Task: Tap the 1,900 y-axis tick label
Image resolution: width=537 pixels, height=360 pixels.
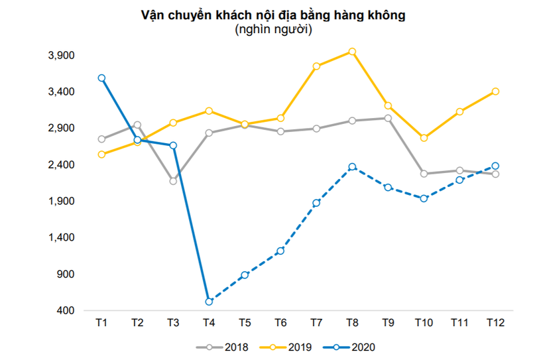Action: (x=63, y=201)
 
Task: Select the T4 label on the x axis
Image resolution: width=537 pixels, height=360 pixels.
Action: (x=209, y=323)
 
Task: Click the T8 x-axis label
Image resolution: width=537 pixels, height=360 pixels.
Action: (x=352, y=323)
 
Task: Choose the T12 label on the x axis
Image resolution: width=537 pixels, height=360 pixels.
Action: (x=495, y=323)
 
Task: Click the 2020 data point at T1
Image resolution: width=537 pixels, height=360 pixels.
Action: (x=101, y=78)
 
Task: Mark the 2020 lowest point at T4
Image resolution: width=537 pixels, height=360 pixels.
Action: (x=209, y=302)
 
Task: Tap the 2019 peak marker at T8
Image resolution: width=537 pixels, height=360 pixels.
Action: (x=352, y=51)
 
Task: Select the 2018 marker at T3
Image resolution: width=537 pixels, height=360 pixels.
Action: (x=173, y=181)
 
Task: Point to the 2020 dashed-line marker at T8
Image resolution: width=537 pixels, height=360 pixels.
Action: (x=352, y=166)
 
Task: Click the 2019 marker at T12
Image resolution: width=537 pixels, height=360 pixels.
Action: (x=495, y=91)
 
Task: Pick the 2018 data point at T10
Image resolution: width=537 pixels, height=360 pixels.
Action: (x=424, y=174)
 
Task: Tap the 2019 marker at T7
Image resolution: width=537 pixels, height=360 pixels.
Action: (x=316, y=66)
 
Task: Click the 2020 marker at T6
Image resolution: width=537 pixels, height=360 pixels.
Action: (x=280, y=251)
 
